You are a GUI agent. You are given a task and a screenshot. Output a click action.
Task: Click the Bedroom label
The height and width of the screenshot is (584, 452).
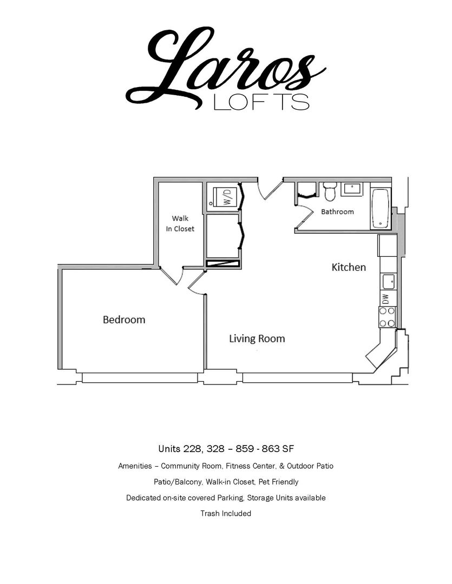click(x=124, y=320)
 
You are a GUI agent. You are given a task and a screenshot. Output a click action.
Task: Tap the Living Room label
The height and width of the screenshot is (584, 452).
click(x=257, y=339)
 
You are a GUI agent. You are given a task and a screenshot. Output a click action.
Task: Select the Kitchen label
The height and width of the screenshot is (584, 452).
click(x=349, y=267)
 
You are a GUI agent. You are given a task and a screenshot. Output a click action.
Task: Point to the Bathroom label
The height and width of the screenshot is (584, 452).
click(x=337, y=211)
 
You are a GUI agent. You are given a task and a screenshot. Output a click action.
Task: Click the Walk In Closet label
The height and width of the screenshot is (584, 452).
click(x=180, y=223)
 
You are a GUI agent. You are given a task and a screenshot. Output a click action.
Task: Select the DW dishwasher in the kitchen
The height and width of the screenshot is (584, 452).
click(x=387, y=298)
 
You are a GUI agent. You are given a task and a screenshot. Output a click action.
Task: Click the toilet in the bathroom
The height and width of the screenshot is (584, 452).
click(x=330, y=191)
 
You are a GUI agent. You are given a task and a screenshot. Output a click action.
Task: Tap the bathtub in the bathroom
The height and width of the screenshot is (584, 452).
click(x=381, y=209)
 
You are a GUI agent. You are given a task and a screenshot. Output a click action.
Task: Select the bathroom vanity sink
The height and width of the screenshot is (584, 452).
click(x=352, y=189)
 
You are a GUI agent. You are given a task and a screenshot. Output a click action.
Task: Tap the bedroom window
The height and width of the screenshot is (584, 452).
click(x=140, y=377)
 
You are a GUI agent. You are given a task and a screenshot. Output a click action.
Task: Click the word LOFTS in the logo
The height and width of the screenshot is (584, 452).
click(x=261, y=102)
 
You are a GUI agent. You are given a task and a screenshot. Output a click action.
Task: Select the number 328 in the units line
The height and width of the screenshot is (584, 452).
click(x=215, y=448)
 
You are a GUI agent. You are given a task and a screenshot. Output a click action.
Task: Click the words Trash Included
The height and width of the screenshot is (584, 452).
click(x=226, y=513)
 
